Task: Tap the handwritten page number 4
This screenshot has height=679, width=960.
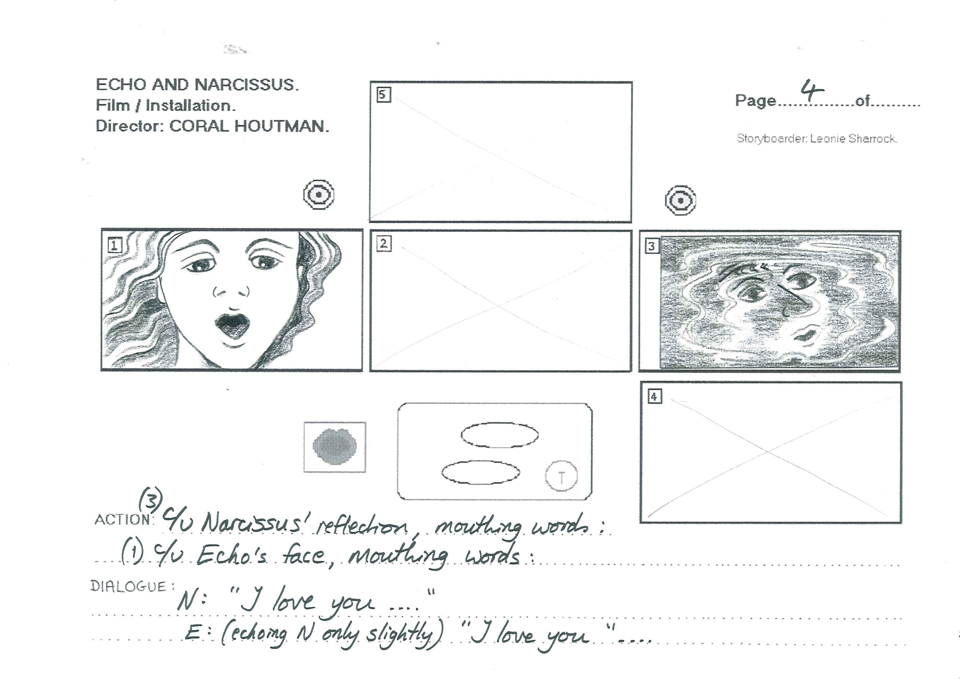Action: point(812,91)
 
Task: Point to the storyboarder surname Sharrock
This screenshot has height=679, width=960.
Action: point(874,139)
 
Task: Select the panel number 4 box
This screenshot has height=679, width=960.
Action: point(654,396)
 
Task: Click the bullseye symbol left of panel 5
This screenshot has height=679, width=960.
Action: point(319,195)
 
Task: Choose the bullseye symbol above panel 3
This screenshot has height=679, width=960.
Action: point(680,200)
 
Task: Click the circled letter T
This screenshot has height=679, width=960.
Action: point(561,476)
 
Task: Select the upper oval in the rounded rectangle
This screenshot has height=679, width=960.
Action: point(500,435)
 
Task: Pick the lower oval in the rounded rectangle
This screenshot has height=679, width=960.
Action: point(481,472)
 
